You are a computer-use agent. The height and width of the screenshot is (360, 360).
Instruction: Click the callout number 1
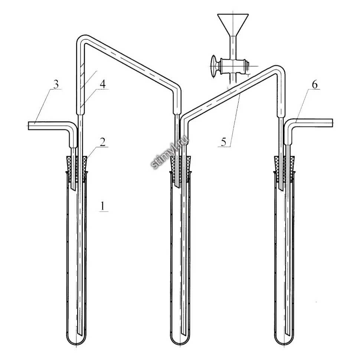coord(102,206)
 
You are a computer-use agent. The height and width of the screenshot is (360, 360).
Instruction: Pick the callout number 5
coord(223,142)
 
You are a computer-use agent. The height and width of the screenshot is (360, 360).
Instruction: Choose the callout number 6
coord(315,85)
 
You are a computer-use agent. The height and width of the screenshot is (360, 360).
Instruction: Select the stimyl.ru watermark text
coord(170,153)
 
